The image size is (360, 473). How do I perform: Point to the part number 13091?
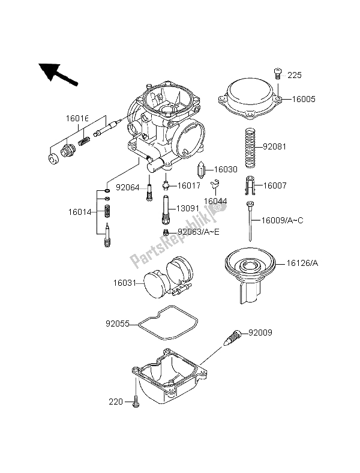coord(187,209)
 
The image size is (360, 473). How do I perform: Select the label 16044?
coord(214,200)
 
